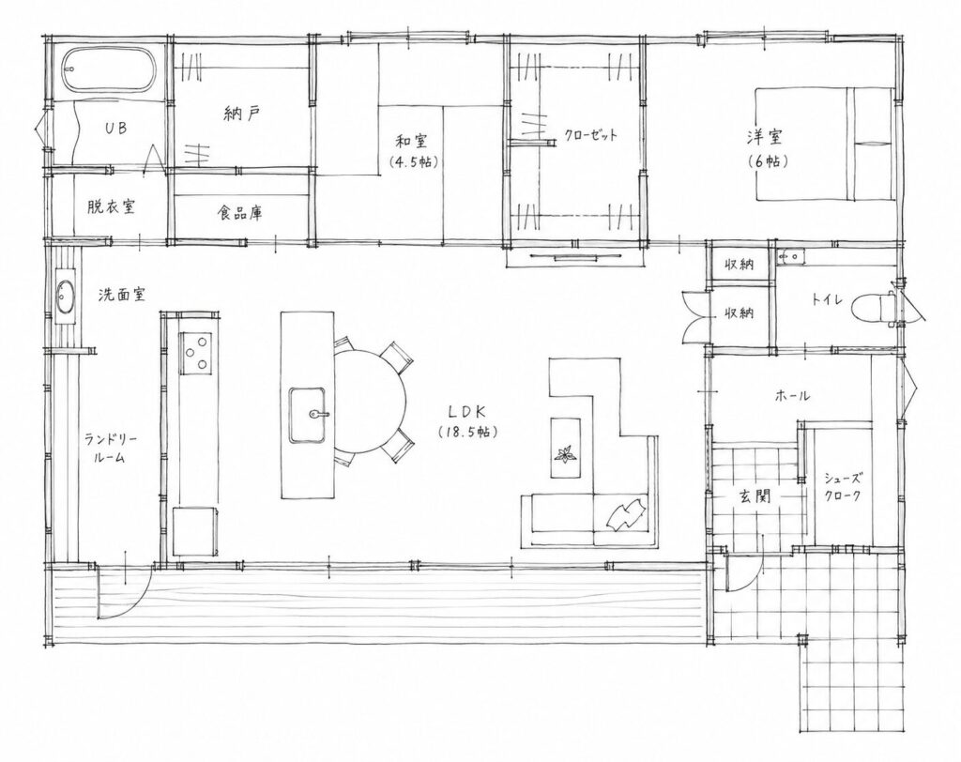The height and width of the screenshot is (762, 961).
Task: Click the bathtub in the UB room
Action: tap(108, 69)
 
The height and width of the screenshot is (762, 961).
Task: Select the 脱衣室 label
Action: tap(111, 206)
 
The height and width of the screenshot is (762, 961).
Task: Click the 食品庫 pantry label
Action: tap(240, 213)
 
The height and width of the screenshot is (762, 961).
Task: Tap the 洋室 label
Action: tap(764, 136)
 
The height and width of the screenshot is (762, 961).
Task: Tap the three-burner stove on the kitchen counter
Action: tap(195, 353)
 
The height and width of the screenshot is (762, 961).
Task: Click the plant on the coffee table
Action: tap(563, 455)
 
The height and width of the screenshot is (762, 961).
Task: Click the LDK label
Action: tap(467, 410)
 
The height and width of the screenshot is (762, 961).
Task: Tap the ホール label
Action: tap(792, 396)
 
